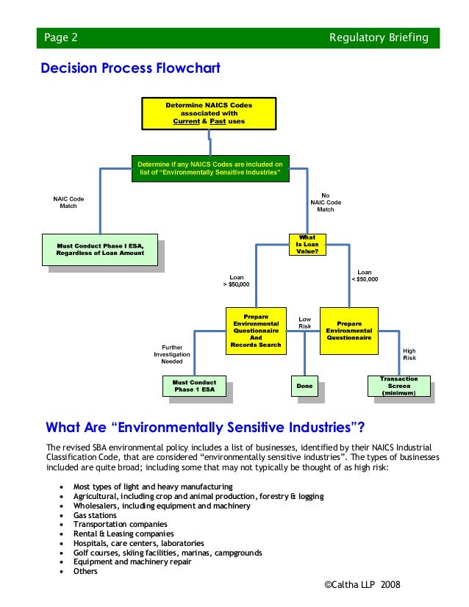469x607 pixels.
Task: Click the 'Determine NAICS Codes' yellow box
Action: tap(209, 113)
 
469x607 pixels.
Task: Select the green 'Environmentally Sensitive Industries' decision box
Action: tap(210, 168)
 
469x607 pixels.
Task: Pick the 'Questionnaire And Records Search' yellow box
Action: tap(255, 331)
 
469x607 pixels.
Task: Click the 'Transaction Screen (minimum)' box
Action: tap(398, 387)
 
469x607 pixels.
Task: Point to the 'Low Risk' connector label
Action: tap(304, 322)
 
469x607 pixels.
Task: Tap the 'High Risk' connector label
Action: tap(409, 354)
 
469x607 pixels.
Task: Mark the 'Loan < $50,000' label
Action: tap(364, 275)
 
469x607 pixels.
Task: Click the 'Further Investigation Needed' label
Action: tap(172, 354)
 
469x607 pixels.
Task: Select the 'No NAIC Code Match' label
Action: tap(325, 202)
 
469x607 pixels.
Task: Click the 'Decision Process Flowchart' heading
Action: tap(130, 68)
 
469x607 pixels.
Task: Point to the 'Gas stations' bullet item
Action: tap(95, 515)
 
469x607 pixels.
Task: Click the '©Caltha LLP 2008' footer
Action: tap(362, 583)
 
